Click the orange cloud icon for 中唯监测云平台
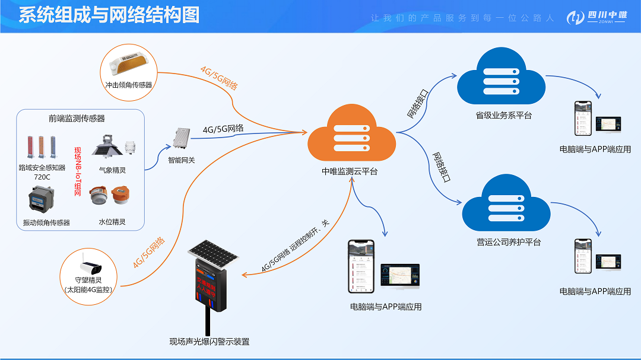tap(351, 137)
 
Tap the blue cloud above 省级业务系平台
tap(501, 79)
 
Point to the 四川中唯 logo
tap(596, 17)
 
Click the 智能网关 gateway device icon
tap(181, 139)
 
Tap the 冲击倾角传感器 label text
tap(129, 85)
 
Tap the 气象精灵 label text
tap(112, 170)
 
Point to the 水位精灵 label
tap(112, 222)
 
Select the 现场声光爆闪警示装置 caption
tap(210, 342)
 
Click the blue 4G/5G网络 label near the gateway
tap(223, 129)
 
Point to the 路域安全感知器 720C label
tap(42, 173)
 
